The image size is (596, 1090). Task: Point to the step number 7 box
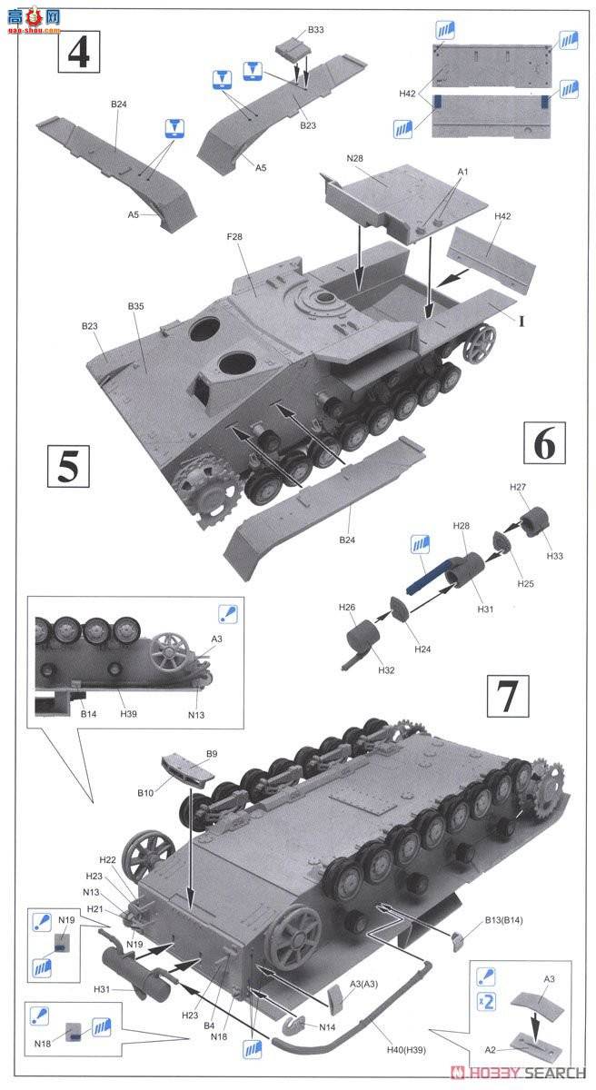pyautogui.click(x=506, y=696)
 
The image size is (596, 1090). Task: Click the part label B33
pyautogui.click(x=315, y=30)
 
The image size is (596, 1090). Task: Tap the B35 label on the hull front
pyautogui.click(x=135, y=307)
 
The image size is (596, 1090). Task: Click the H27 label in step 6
pyautogui.click(x=517, y=488)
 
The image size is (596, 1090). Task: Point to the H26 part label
pyautogui.click(x=346, y=608)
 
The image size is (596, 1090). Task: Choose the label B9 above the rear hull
pyautogui.click(x=212, y=753)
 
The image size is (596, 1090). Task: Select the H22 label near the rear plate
pyautogui.click(x=107, y=860)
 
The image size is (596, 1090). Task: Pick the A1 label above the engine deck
pyautogui.click(x=462, y=172)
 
